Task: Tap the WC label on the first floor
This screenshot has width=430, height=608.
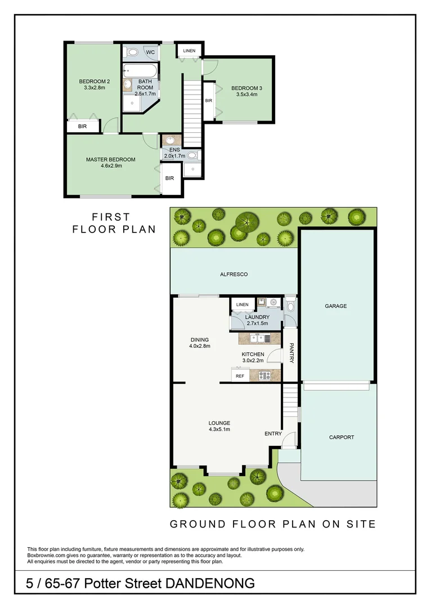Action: tap(150, 52)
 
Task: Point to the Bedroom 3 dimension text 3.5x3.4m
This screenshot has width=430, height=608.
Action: tap(247, 95)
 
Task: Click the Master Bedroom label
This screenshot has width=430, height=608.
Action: tap(110, 159)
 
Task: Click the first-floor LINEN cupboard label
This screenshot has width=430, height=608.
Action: tap(189, 51)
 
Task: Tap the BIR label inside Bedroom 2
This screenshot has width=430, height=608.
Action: tap(83, 127)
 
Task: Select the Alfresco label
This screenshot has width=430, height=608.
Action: tap(234, 275)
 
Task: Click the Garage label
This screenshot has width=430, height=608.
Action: tap(335, 306)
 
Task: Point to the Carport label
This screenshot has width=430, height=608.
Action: tap(342, 437)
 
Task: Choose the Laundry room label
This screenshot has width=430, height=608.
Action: tap(257, 317)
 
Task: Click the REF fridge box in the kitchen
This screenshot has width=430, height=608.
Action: tap(240, 375)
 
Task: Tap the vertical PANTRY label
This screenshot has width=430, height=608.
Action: tap(292, 353)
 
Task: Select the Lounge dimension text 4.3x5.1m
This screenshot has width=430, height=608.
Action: tap(219, 430)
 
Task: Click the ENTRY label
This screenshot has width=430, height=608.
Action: tap(273, 433)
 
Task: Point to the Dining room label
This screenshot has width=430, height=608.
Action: tap(199, 339)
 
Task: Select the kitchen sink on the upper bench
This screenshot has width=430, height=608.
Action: tap(258, 338)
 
